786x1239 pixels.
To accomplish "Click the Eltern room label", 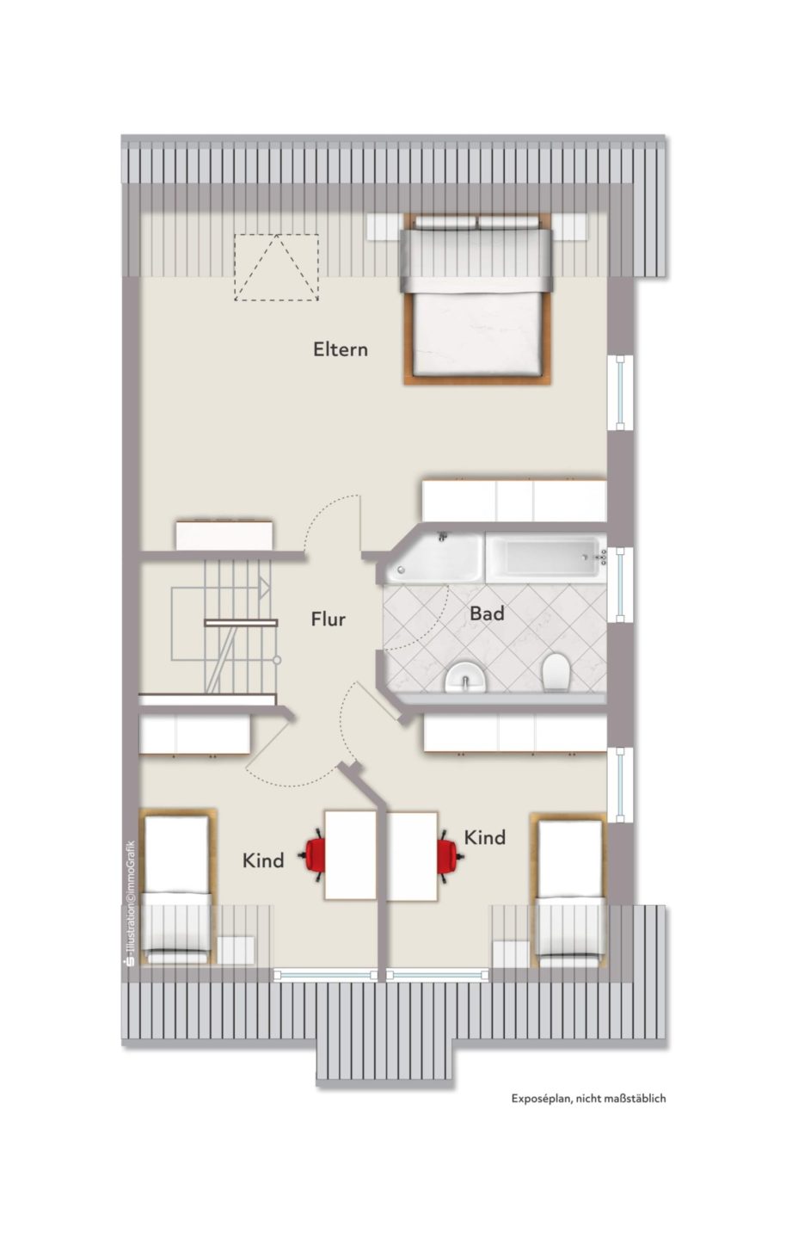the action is tap(340, 349).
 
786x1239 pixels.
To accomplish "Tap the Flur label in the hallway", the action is tap(328, 619).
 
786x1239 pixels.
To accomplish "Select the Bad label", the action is tap(487, 613).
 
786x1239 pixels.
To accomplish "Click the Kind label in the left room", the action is tap(263, 860).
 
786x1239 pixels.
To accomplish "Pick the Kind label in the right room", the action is tap(485, 837).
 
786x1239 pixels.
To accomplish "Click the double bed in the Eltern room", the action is tap(477, 299).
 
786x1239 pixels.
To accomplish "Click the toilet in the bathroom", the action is tap(556, 673).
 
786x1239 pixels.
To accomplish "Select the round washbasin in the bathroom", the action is tap(466, 677).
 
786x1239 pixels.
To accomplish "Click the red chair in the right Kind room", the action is tap(449, 855).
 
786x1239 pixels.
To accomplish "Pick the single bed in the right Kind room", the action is tap(569, 891).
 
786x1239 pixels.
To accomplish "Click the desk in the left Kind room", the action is tap(351, 855).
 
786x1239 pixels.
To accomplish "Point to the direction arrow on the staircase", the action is tap(264, 588).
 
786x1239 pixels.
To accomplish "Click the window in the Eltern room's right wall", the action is tap(621, 393).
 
